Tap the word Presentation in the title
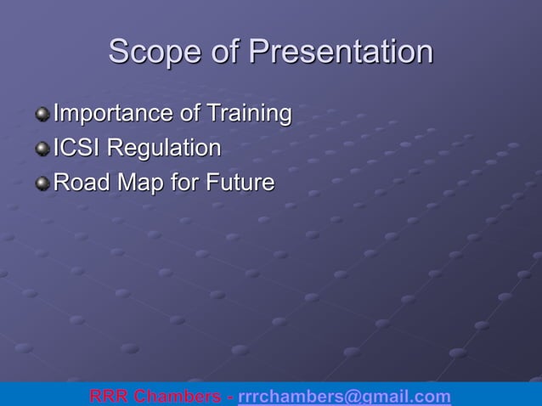point(341,52)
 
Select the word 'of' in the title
point(226,52)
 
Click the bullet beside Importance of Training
point(42,113)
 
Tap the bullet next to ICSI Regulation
point(42,149)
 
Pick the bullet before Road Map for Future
point(42,183)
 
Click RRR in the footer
point(110,397)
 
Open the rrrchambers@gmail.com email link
point(344,397)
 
